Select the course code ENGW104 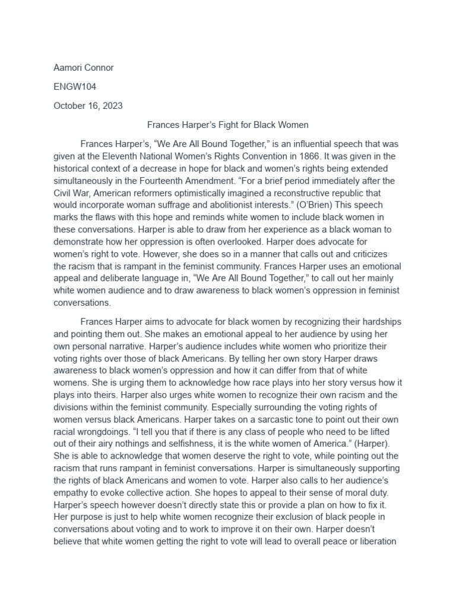[75, 87]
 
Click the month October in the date [69, 106]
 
